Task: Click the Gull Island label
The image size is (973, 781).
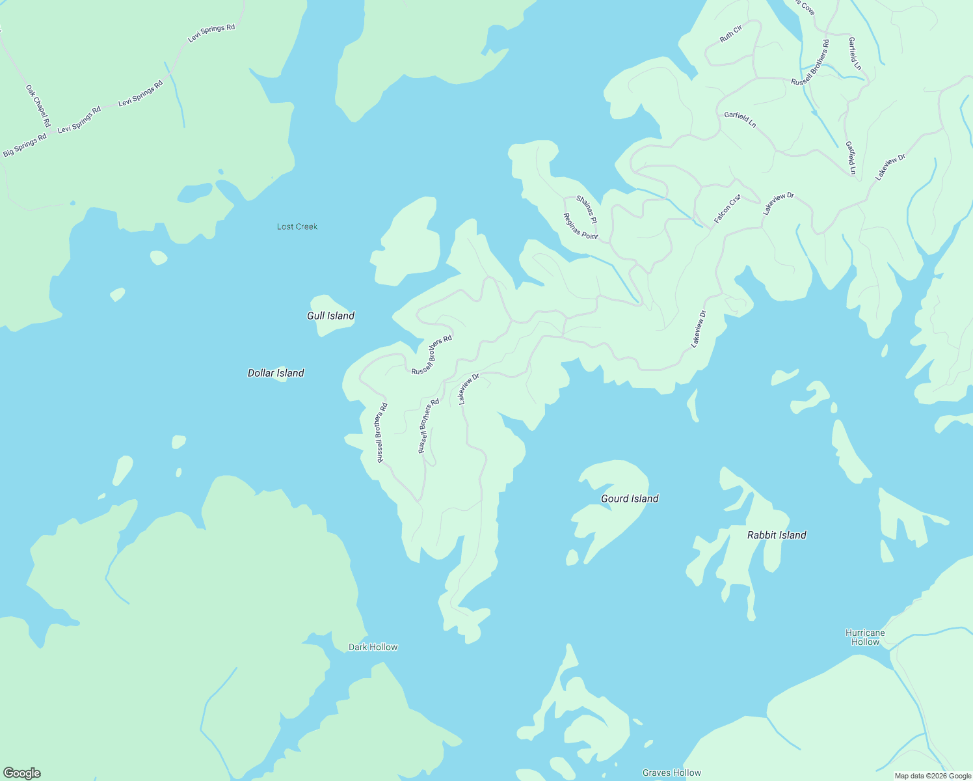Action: tap(330, 316)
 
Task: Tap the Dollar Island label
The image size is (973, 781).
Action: tap(276, 373)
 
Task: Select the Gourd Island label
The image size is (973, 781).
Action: tap(629, 499)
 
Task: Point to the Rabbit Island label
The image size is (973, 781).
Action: tap(776, 535)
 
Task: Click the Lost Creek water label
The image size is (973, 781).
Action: tap(297, 226)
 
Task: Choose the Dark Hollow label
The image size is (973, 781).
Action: tap(373, 647)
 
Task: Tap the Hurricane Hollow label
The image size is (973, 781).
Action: tap(865, 637)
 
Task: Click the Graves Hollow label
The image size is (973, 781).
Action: tap(671, 773)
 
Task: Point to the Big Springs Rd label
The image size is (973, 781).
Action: tap(25, 144)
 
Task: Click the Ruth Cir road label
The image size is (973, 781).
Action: tap(730, 34)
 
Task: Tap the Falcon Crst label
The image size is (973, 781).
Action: tap(727, 209)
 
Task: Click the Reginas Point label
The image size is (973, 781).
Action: tap(580, 226)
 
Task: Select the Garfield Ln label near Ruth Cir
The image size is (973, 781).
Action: tap(740, 119)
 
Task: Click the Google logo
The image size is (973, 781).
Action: tap(21, 773)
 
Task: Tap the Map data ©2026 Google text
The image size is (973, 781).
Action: tap(932, 776)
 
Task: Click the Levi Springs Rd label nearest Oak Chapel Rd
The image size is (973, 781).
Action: tap(79, 120)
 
